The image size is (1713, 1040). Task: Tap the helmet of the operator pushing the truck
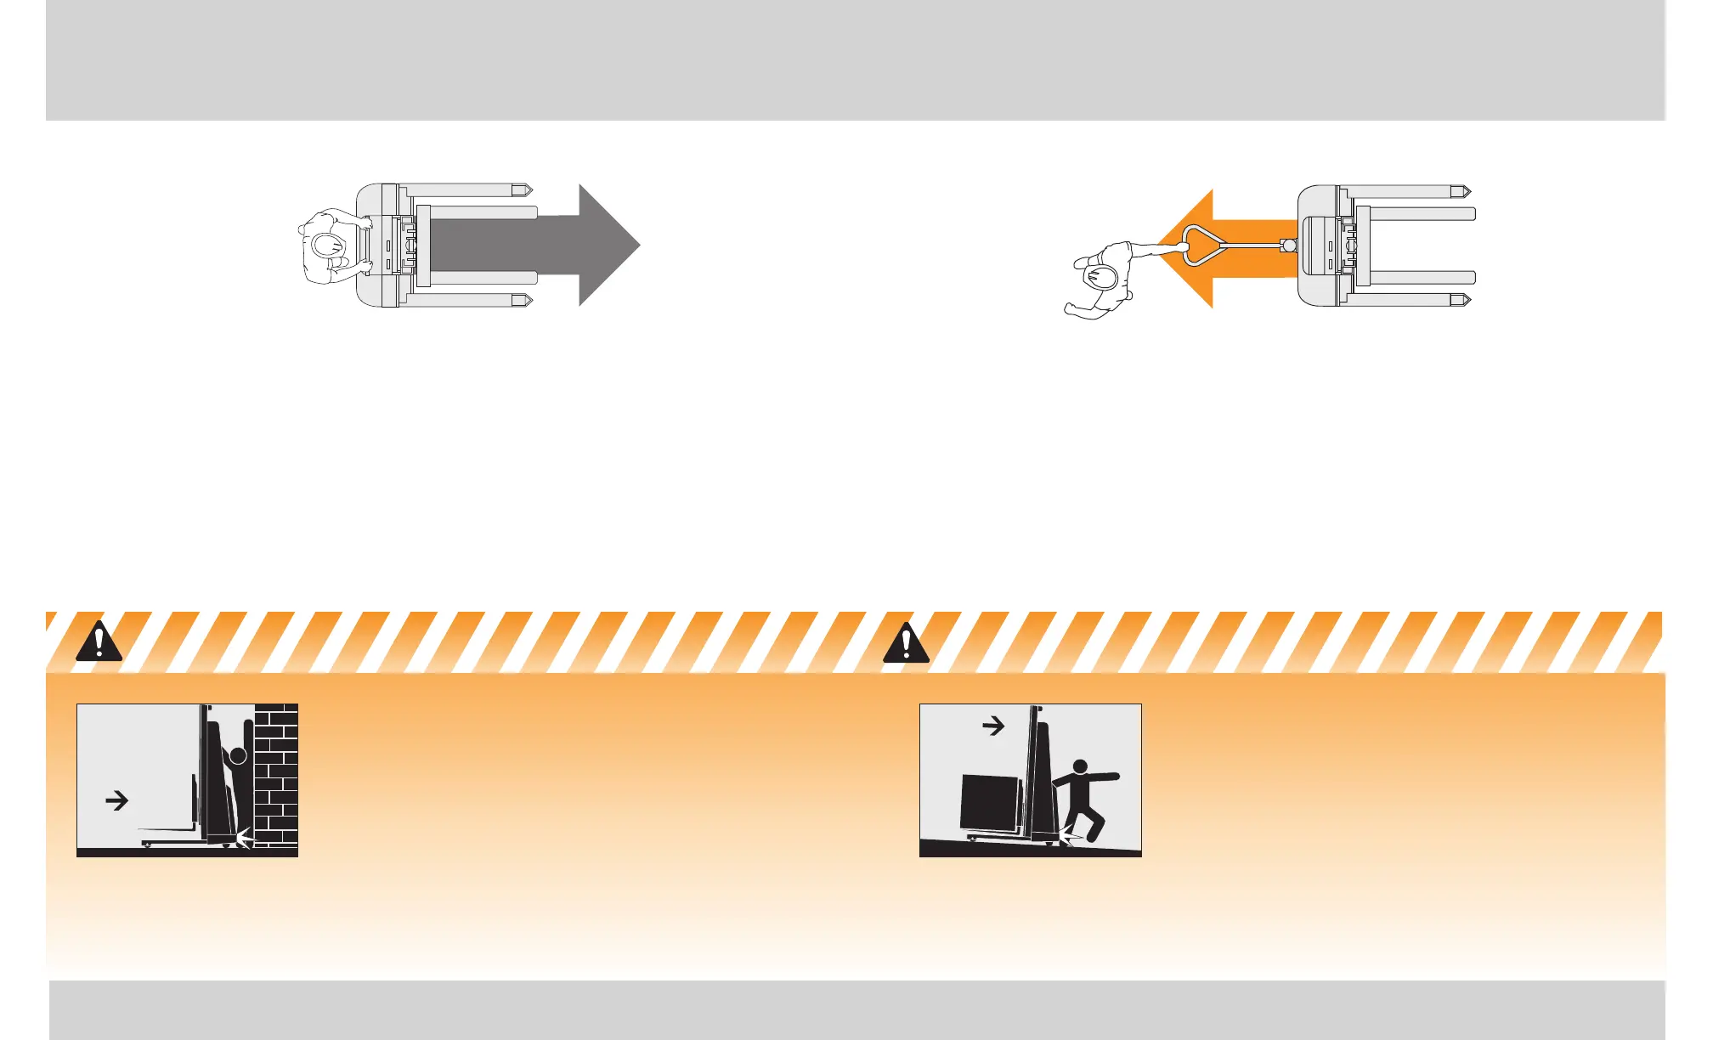click(x=326, y=246)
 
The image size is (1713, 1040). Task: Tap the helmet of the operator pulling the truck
click(x=1102, y=277)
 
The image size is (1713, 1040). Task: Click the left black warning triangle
click(x=99, y=643)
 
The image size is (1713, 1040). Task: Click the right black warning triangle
click(x=906, y=643)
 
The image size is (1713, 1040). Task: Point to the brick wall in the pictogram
click(x=277, y=773)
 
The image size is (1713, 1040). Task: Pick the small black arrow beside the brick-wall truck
click(x=116, y=800)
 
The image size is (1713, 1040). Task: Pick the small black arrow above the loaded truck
click(x=993, y=726)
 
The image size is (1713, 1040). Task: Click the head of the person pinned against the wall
click(x=239, y=755)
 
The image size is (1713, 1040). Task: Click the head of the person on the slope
click(x=1080, y=766)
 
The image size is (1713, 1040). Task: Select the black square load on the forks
click(x=989, y=802)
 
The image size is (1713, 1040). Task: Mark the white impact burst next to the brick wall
click(x=245, y=838)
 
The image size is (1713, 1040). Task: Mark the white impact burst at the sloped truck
click(x=1067, y=839)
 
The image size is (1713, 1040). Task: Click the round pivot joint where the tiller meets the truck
click(x=1289, y=246)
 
